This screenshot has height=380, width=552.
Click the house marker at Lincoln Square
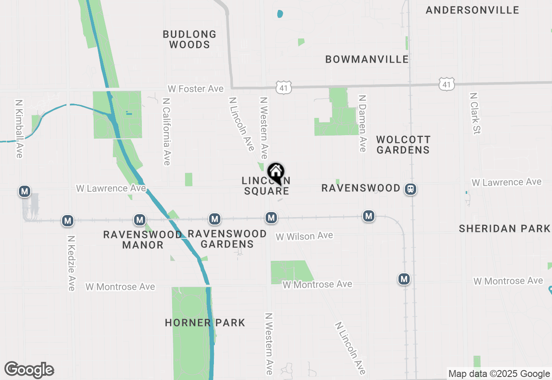click(x=276, y=173)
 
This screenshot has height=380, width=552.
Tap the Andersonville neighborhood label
click(x=472, y=10)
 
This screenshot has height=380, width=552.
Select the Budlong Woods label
click(x=190, y=39)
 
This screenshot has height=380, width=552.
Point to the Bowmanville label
click(x=367, y=59)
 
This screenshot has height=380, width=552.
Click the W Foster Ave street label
click(x=196, y=89)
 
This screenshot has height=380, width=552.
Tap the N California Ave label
click(x=166, y=131)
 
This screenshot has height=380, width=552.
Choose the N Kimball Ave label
click(x=19, y=129)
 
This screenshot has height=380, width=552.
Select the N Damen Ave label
click(x=362, y=123)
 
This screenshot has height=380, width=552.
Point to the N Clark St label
click(x=475, y=113)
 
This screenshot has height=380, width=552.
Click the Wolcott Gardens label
click(x=403, y=145)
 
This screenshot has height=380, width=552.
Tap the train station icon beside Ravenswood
click(x=411, y=189)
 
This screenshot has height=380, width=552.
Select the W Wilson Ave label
click(x=304, y=236)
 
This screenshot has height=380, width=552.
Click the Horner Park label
click(x=205, y=323)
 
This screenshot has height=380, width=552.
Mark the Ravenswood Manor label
click(x=142, y=240)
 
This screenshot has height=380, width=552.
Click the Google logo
click(x=29, y=370)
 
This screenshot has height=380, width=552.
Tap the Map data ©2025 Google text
click(x=499, y=374)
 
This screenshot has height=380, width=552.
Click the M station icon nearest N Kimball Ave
click(x=25, y=191)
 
